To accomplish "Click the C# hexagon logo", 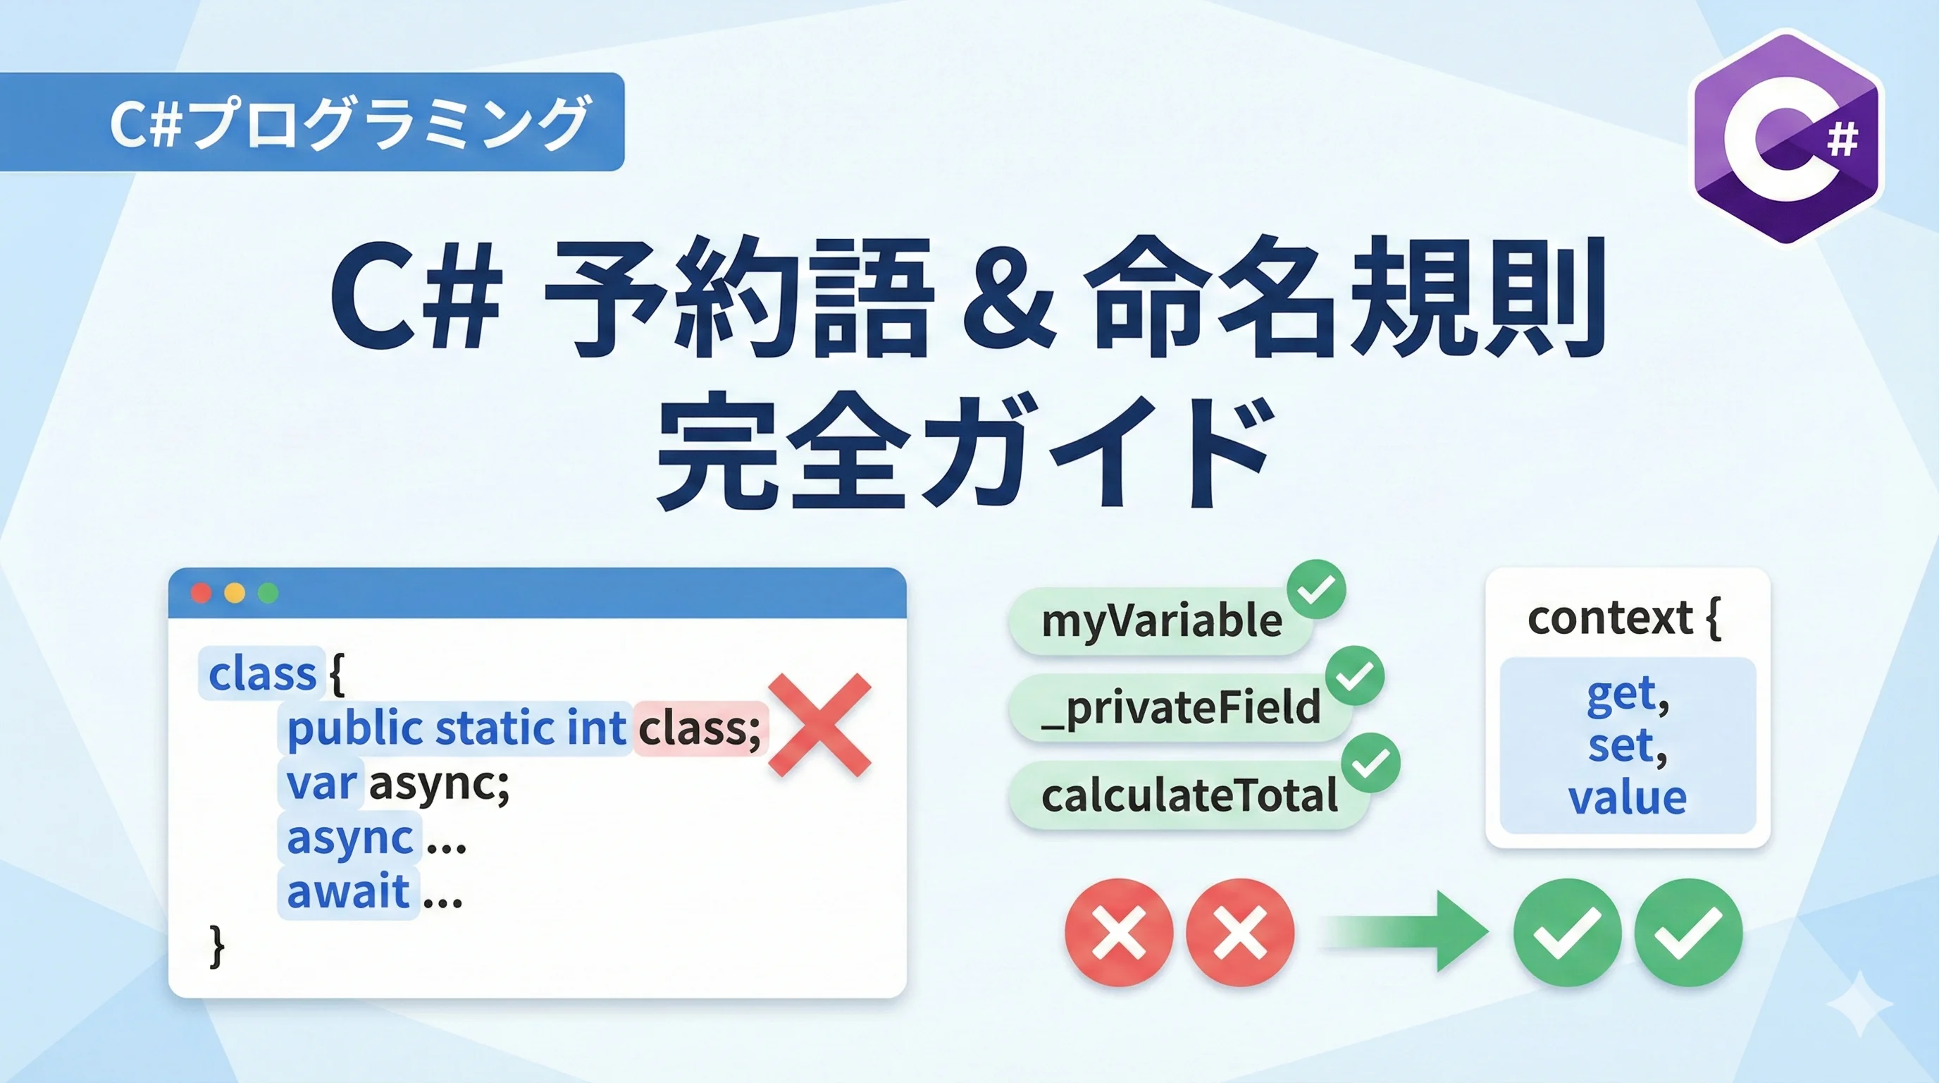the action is pos(1785,136).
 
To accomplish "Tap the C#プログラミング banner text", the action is pos(349,123).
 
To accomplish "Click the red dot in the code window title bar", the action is pos(201,594).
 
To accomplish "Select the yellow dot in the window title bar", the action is pos(235,594).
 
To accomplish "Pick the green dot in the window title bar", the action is pos(268,594).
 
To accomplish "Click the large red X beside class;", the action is pos(819,725).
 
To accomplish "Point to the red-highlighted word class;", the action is pos(699,728).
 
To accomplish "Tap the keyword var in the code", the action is pos(321,783).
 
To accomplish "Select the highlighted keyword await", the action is pos(349,892).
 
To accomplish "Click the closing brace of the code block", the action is pos(217,947).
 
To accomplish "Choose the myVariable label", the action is pos(1161,622).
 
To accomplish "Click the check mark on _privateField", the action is pos(1355,675).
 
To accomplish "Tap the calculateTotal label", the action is pos(1189,795).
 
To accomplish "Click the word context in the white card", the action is pos(1610,618).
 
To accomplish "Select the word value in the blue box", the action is pos(1628,797).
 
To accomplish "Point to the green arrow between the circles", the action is pos(1404,931).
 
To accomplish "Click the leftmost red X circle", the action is pos(1120,932).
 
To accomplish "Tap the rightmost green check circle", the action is pos(1688,932).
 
